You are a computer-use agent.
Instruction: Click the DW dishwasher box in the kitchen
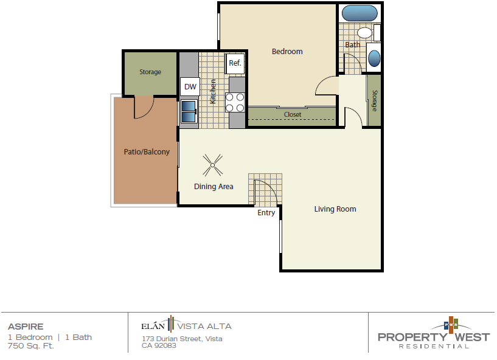coord(190,86)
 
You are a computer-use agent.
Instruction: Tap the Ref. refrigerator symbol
coord(235,63)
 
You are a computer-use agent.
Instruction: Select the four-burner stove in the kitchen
coord(235,102)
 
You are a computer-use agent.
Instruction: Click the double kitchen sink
coord(188,112)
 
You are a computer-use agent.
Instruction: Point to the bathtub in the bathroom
coord(359,13)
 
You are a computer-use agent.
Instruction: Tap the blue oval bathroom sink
coord(375,58)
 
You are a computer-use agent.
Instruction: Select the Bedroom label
coord(287,52)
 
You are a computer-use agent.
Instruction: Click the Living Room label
coord(335,209)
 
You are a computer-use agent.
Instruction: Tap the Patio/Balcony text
coord(147,151)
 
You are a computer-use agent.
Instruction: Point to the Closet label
coord(293,114)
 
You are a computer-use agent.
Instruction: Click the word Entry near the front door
coord(266,213)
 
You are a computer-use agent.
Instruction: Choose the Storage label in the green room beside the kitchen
coord(150,72)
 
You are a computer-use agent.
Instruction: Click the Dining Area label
coord(214,187)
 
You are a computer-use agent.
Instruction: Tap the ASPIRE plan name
coord(26,327)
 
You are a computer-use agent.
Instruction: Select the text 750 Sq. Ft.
coord(31,346)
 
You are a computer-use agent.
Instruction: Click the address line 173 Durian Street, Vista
coord(182,339)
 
